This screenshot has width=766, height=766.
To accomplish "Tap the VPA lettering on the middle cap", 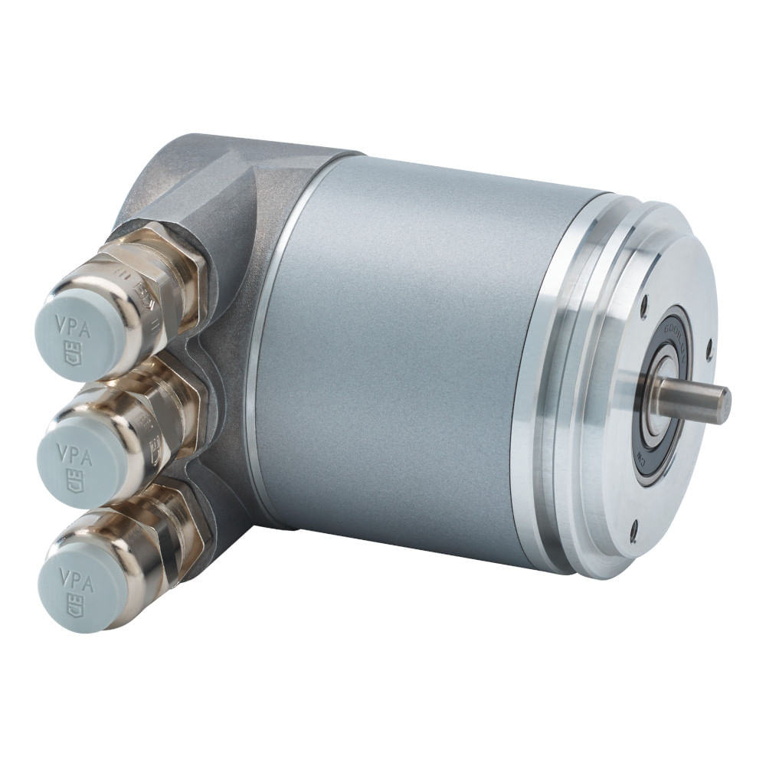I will point(75,457).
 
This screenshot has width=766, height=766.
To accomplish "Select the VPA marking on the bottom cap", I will point(77,578).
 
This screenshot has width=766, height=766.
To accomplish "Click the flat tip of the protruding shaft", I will point(723,404).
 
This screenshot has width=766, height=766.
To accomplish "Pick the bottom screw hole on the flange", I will point(633,526).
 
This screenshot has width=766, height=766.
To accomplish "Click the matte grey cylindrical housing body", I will point(398,345).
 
